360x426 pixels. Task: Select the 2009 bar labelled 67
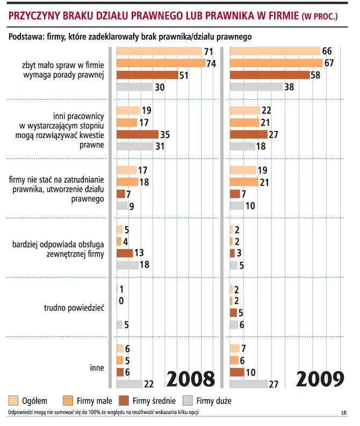tap(275, 63)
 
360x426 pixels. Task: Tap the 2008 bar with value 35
tap(138, 134)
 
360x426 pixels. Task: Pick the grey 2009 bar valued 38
tap(256, 87)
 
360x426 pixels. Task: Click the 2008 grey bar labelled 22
tap(129, 384)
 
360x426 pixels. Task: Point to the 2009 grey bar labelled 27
tap(248, 384)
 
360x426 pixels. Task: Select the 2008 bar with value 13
tap(124, 253)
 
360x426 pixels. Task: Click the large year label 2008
tap(190, 379)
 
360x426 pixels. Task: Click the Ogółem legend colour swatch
tap(12, 400)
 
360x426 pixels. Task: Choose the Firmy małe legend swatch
tap(69, 400)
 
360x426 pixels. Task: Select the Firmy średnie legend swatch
tap(129, 400)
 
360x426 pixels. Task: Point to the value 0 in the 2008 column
tap(121, 301)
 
